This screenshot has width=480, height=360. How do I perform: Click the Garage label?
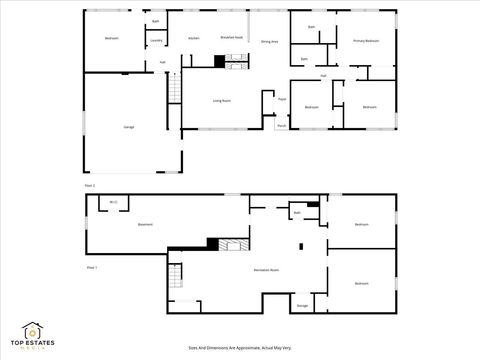(x=128, y=127)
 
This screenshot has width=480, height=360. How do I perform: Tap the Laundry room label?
(x=156, y=41)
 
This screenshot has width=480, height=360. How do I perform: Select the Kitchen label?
(x=193, y=38)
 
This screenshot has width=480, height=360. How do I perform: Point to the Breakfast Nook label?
(x=231, y=37)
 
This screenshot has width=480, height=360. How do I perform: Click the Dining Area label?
(x=269, y=42)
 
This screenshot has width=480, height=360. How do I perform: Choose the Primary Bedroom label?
(x=366, y=41)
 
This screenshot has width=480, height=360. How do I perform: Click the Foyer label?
(x=283, y=100)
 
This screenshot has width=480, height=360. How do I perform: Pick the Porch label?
(x=282, y=126)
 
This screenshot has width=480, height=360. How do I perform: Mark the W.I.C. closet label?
(x=113, y=203)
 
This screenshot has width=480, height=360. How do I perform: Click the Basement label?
(x=145, y=225)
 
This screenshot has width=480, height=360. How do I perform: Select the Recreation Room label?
(x=265, y=271)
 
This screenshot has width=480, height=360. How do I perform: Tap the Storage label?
(x=302, y=306)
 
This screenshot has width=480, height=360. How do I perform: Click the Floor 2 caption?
(x=90, y=186)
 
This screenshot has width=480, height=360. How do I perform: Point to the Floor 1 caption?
(x=91, y=268)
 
